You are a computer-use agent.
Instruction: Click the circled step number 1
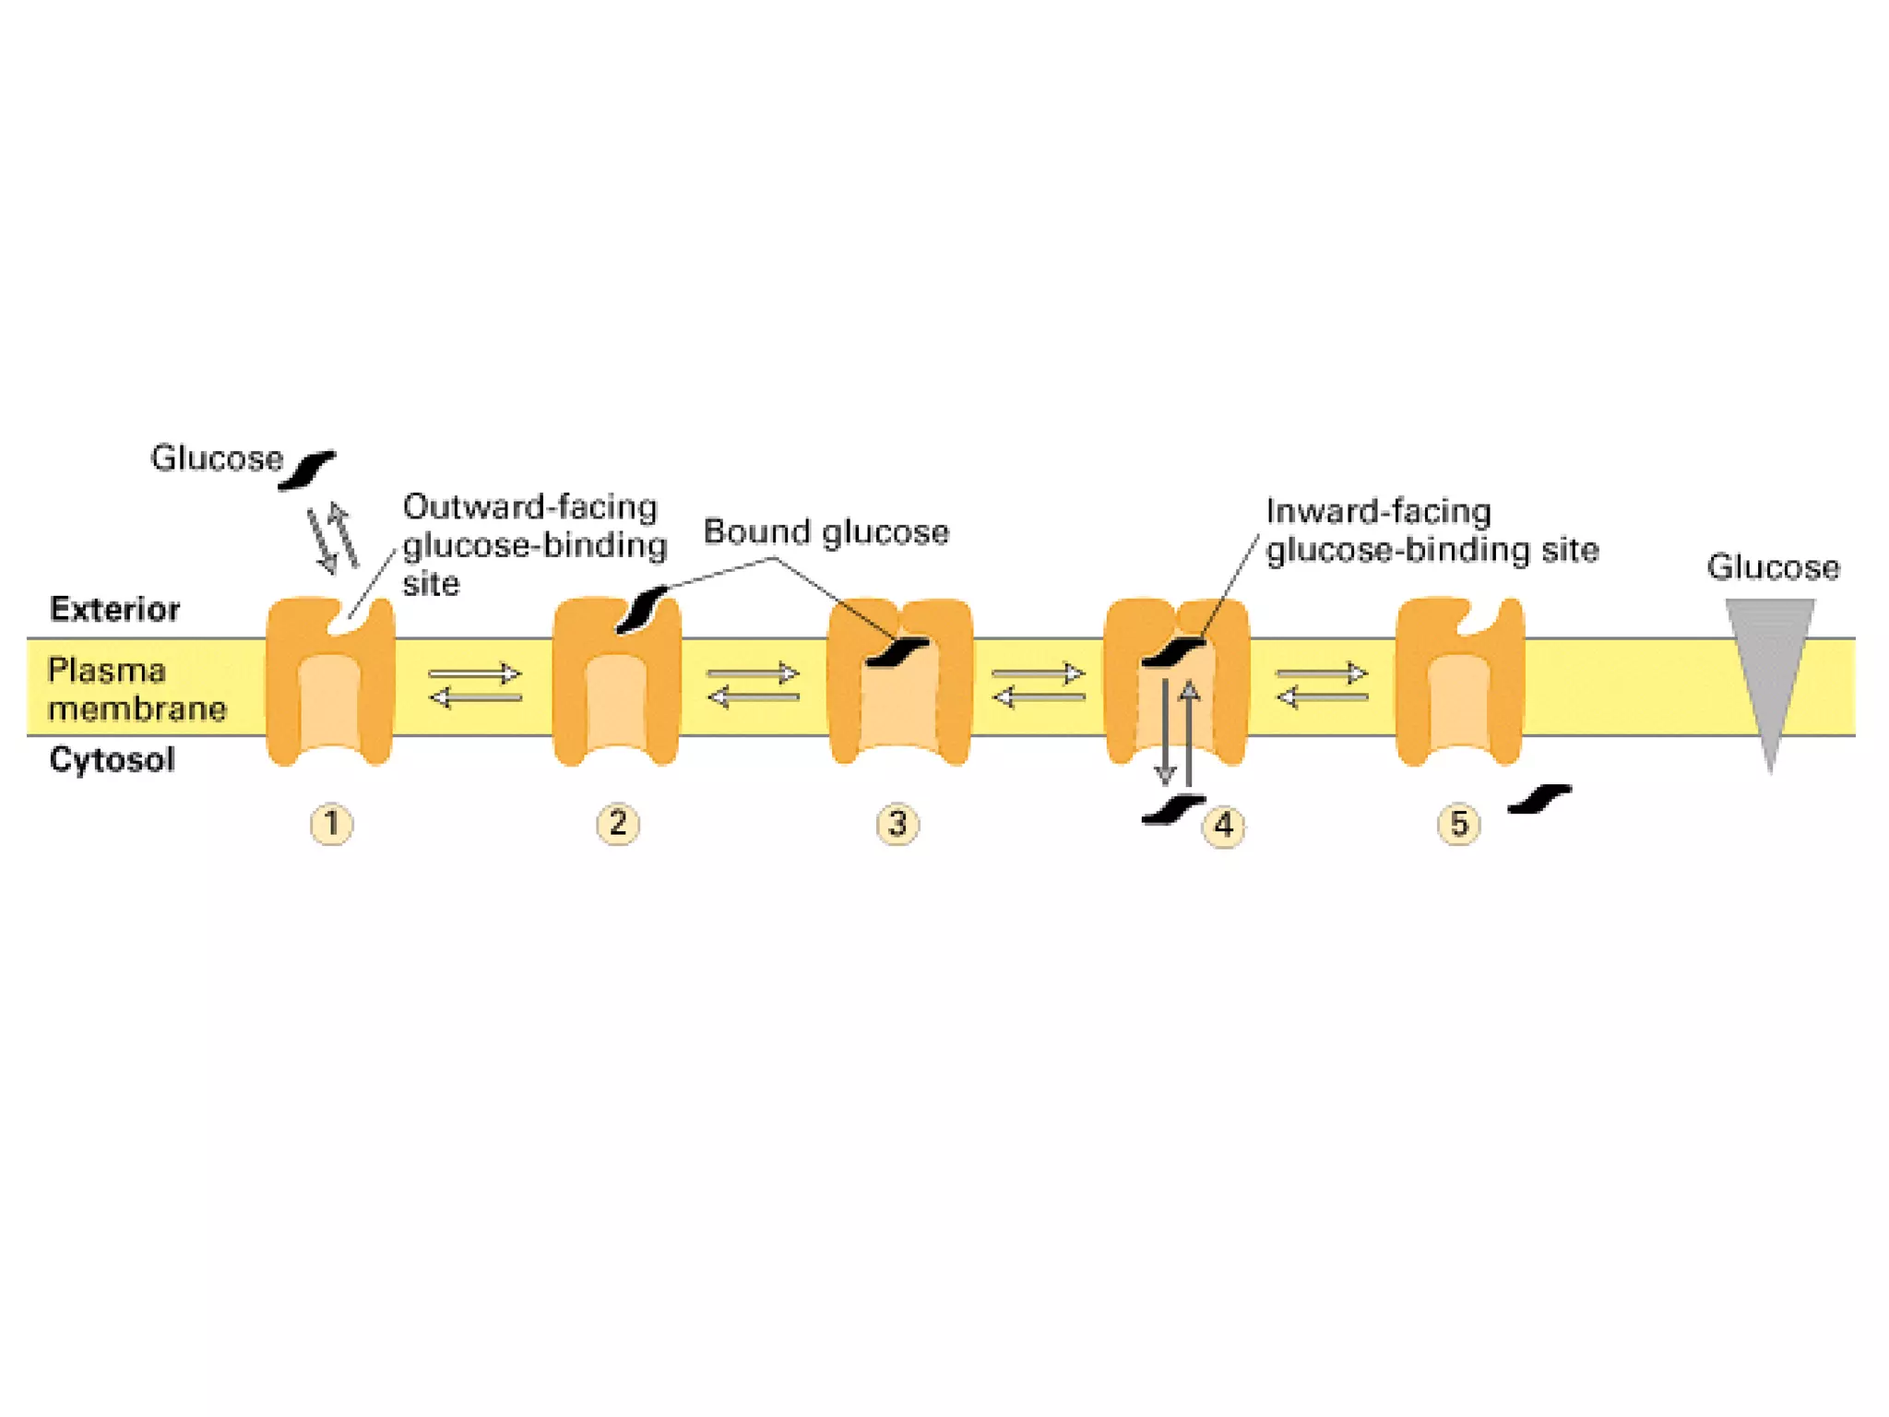point(331,823)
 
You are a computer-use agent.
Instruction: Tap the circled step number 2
point(617,823)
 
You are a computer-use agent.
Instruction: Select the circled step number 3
point(897,823)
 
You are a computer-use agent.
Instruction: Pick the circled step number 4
point(1223,825)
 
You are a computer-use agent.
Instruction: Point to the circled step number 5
point(1458,823)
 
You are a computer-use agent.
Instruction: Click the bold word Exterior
point(114,609)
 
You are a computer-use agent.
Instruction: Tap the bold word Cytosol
point(112,759)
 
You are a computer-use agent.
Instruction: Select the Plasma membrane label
point(137,689)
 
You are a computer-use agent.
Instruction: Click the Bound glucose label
point(826,532)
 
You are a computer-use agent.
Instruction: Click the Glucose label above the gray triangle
point(1772,566)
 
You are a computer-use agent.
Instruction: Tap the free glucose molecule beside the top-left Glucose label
point(307,470)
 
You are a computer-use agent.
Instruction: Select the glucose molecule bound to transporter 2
point(642,609)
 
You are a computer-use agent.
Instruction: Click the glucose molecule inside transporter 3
point(897,651)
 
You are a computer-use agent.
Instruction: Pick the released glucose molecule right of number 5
point(1539,799)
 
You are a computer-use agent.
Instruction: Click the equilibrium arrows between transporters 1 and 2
point(475,685)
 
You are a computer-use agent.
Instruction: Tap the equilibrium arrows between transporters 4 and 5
point(1322,685)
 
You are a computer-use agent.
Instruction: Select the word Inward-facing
point(1378,511)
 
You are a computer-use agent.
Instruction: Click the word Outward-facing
point(529,507)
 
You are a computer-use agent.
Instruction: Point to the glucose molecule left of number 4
point(1171,809)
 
